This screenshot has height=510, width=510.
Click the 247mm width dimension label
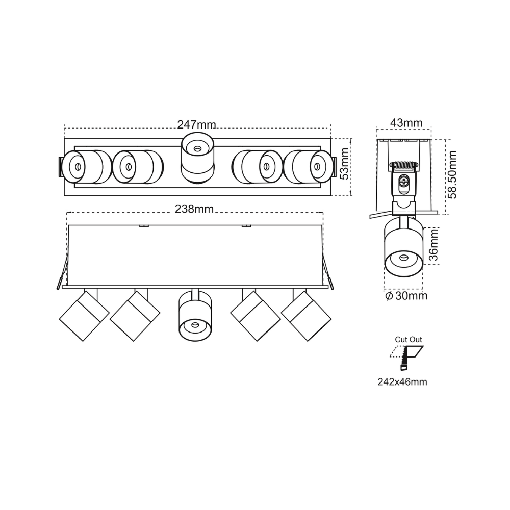pos(196,124)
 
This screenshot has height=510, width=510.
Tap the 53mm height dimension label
pos(344,164)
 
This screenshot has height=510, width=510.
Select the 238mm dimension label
pos(194,209)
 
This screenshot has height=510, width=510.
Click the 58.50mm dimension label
pos(452,174)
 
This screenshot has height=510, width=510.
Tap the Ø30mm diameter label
pos(406,296)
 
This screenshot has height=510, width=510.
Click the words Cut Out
pos(408,339)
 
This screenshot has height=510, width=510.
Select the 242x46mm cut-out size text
pos(402,381)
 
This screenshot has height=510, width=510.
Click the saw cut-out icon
pos(406,358)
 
